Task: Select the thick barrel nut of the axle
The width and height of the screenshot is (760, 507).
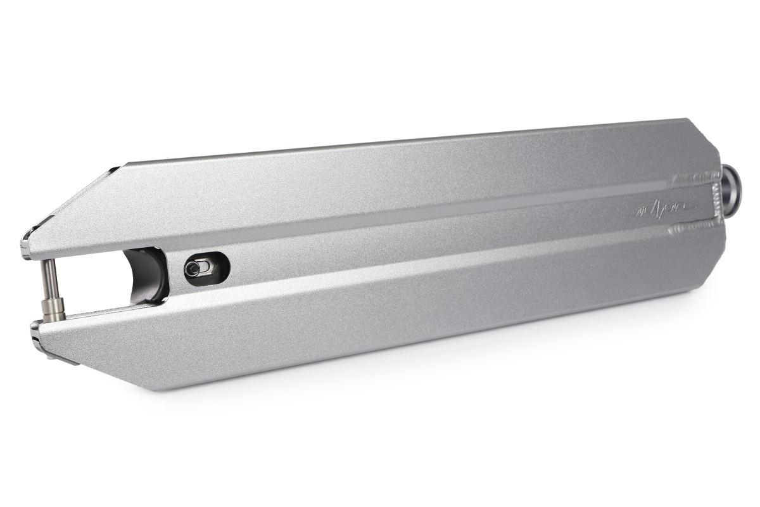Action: (49, 311)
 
